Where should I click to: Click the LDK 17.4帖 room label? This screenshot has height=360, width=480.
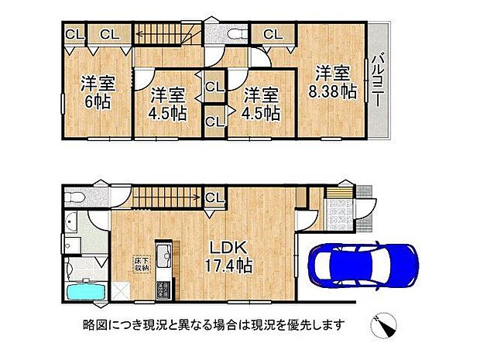[230, 256]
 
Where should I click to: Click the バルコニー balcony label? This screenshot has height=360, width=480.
[379, 81]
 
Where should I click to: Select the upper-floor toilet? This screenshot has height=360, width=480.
[235, 33]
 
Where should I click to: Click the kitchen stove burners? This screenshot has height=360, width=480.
[165, 293]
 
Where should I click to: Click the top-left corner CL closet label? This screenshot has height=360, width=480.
[74, 33]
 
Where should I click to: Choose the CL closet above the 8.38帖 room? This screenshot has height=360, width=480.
[272, 34]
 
